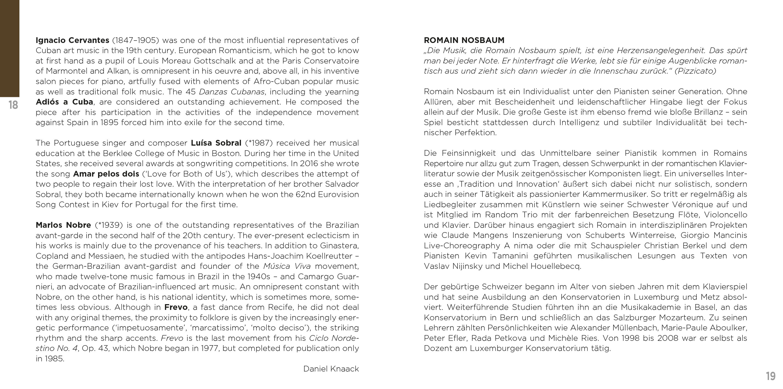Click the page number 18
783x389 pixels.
pyautogui.click(x=13, y=105)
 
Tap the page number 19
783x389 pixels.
pyautogui.click(x=771, y=376)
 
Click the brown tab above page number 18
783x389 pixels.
pyautogui.click(x=9, y=48)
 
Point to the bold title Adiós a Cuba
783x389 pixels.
pyautogui.click(x=64, y=102)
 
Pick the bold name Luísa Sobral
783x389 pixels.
pyautogui.click(x=216, y=143)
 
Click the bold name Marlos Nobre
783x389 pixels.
pyautogui.click(x=63, y=225)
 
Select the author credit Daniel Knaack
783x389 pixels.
pyautogui.click(x=331, y=369)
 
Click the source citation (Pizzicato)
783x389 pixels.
pyautogui.click(x=695, y=71)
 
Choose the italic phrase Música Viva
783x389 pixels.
pyautogui.click(x=287, y=266)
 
